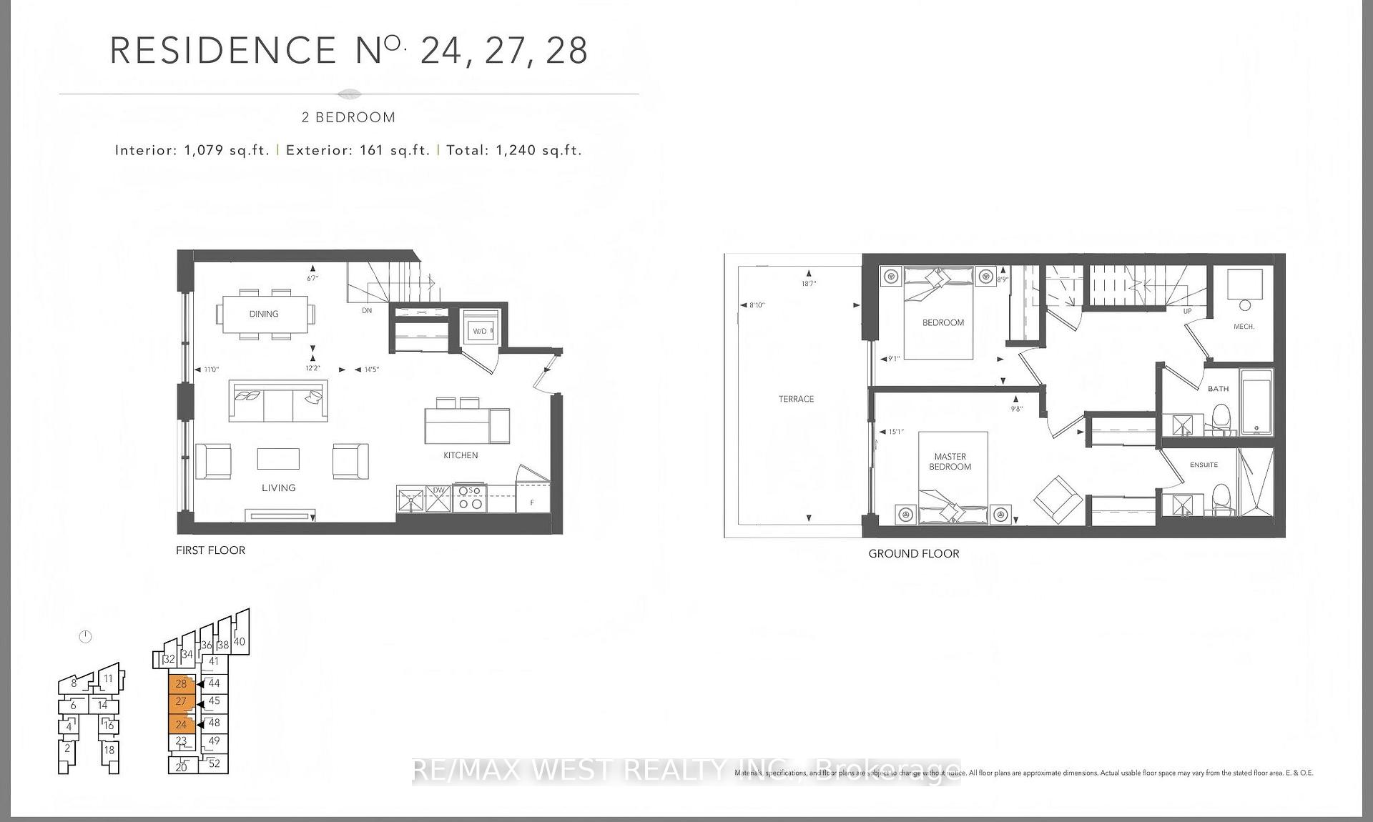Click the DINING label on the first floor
264,314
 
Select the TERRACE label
796,399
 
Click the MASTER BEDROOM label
950,462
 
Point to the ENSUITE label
1204,465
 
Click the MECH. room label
1244,327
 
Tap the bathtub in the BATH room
1256,402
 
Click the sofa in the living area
278,402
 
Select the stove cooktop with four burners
470,497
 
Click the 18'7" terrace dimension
809,284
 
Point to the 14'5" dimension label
371,370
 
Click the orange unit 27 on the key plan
181,702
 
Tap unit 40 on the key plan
240,641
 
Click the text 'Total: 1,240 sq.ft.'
514,150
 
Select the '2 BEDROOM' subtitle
348,117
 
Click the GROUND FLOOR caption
913,553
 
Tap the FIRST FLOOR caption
210,550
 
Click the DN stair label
367,310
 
